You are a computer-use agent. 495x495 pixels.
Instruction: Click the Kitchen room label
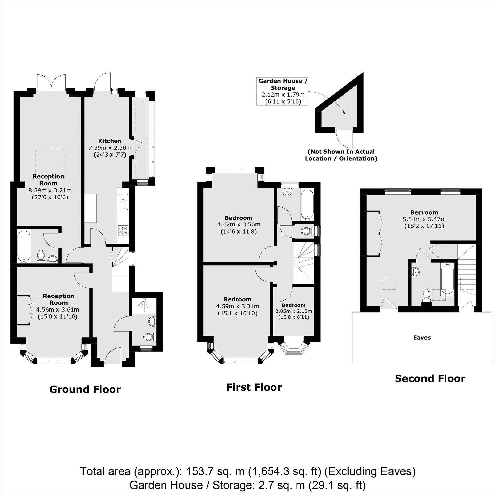tap(110, 141)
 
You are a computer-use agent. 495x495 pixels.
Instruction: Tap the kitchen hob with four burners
tap(123, 230)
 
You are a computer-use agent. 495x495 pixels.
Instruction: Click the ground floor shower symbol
tap(144, 304)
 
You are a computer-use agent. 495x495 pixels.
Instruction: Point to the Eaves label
tap(422, 337)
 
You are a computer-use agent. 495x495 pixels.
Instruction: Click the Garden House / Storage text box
tap(283, 92)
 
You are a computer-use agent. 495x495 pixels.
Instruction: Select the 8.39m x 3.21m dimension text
tap(50, 190)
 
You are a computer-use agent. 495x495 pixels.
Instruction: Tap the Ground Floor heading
tap(85, 389)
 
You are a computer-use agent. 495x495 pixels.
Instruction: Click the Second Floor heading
tap(430, 378)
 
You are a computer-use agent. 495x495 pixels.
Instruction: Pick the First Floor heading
tap(254, 387)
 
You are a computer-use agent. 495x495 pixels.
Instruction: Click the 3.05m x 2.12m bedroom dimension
tap(294, 311)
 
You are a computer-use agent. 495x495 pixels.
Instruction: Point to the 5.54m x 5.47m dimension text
tap(424, 219)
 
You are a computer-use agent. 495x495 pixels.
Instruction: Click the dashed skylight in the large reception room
tap(50, 163)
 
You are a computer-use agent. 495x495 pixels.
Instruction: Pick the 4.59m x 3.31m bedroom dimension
tap(238, 306)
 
